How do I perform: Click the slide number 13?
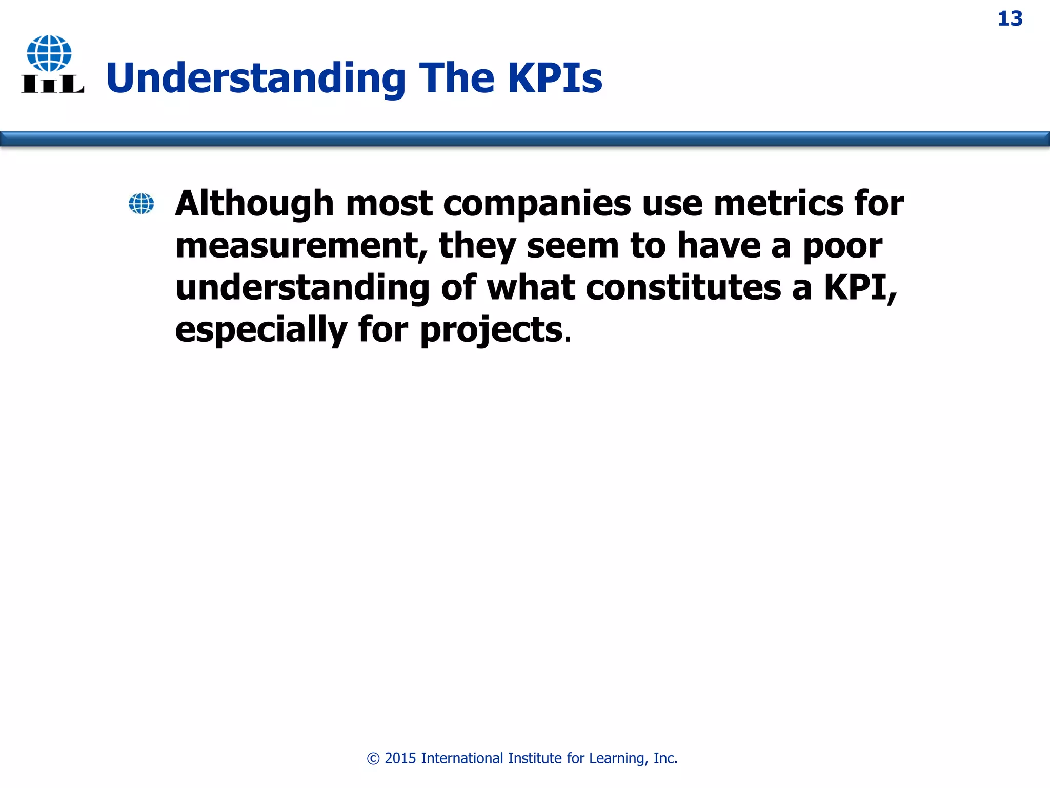click(x=1009, y=19)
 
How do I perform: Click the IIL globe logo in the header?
click(x=52, y=64)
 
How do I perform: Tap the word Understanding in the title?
click(x=256, y=78)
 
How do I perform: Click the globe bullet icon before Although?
click(x=141, y=204)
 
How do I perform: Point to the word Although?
click(x=254, y=204)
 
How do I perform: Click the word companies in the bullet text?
click(x=537, y=204)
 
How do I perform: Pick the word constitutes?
click(x=683, y=288)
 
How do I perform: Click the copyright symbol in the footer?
click(x=373, y=759)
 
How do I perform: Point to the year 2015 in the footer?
click(x=400, y=758)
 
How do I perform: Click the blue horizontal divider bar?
click(x=525, y=139)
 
